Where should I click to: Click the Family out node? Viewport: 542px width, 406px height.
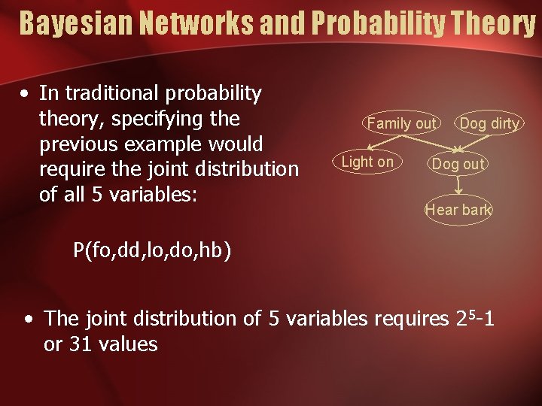[401, 123]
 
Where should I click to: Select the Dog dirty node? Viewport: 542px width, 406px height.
[489, 123]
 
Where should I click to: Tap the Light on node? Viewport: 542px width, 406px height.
[367, 162]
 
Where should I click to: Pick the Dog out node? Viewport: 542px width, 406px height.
[458, 164]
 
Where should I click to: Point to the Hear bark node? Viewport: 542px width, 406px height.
[458, 210]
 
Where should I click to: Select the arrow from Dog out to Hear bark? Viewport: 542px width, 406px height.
[457, 187]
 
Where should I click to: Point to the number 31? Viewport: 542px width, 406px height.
[81, 344]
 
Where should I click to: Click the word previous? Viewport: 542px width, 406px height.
[75, 144]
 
